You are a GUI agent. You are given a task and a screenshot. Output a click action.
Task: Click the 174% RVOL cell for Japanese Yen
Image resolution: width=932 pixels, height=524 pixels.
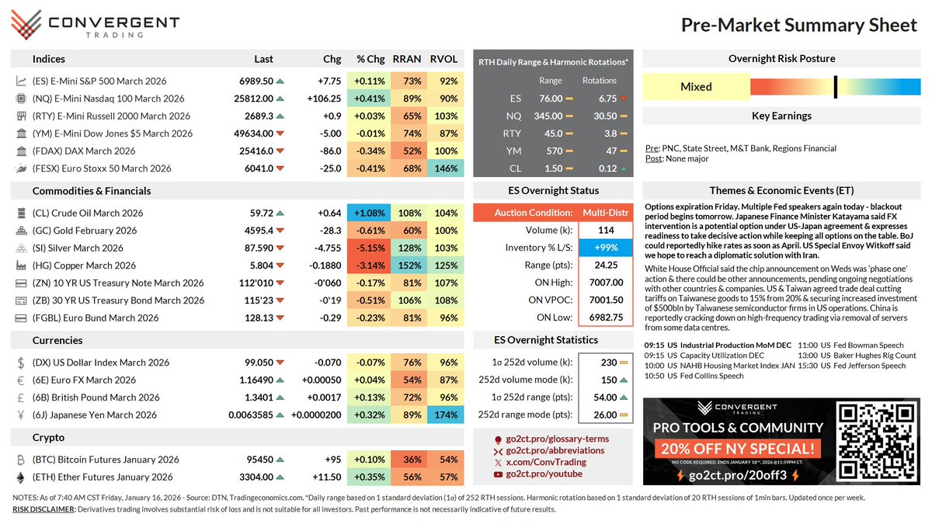click(443, 415)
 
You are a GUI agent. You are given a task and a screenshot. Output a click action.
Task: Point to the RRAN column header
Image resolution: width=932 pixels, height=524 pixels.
click(405, 59)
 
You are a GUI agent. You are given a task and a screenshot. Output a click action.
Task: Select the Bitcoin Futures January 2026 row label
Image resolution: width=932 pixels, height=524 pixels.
click(106, 460)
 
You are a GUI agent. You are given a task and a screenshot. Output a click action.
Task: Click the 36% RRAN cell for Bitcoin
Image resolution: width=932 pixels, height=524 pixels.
click(405, 460)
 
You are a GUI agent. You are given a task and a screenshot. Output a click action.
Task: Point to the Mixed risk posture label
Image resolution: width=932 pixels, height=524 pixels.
click(696, 87)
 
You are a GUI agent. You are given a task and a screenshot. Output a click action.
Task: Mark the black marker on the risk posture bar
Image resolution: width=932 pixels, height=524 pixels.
click(835, 86)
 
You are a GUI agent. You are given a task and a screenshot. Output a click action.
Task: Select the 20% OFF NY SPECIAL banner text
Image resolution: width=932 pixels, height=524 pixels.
click(736, 449)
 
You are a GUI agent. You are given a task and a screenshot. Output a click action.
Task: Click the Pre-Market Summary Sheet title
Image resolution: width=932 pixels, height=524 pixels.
click(798, 25)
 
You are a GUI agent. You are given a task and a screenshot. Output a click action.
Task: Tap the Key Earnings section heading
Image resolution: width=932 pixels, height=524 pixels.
click(781, 116)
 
